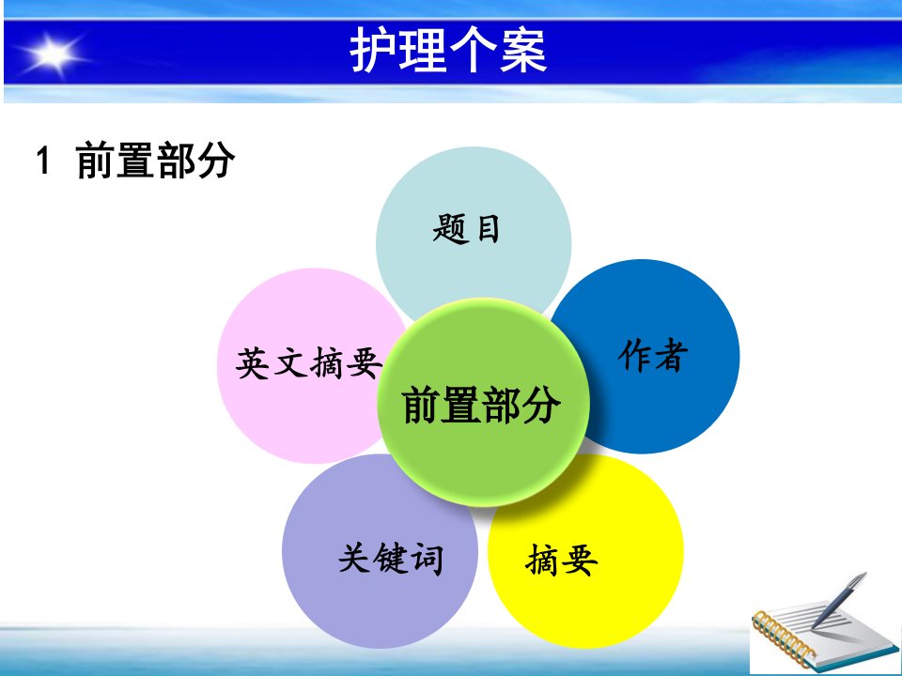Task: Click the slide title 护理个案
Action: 448,51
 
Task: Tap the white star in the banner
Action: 53,54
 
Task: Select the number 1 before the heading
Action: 43,160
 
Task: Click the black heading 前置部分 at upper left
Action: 155,160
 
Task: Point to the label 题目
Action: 466,229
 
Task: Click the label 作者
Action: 653,355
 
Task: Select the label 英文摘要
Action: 309,363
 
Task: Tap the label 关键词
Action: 391,558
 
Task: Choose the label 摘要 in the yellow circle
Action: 562,560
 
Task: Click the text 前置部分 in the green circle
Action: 481,405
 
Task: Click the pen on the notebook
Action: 839,600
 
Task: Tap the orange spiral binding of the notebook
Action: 783,639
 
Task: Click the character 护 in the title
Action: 373,51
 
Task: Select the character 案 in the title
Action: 523,51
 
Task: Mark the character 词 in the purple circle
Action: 427,558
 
